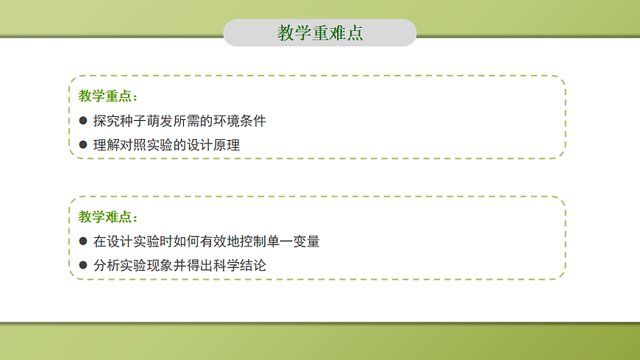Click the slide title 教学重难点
point(320,33)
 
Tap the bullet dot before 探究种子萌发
point(83,121)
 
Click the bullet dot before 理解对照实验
point(83,145)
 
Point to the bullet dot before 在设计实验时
point(83,241)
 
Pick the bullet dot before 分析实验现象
point(83,265)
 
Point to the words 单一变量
point(294,241)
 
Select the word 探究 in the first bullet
point(107,121)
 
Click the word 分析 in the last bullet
point(107,265)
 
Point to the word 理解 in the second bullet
point(107,145)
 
